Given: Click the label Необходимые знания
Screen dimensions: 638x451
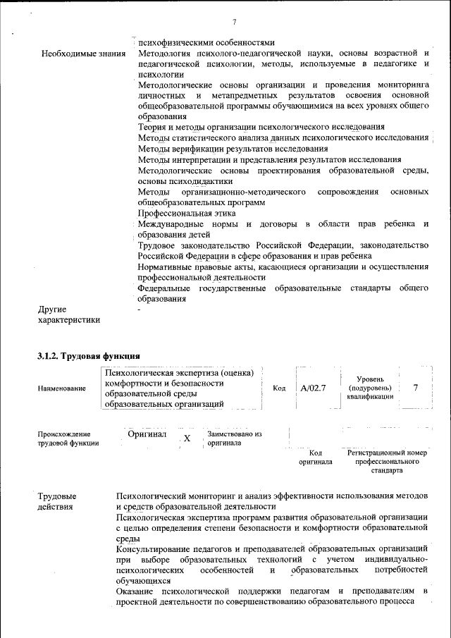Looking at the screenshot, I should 83,53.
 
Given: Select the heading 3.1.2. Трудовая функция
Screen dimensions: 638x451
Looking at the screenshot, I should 89,356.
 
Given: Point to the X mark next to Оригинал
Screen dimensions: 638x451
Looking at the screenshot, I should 187,438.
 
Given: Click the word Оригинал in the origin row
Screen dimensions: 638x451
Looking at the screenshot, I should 147,434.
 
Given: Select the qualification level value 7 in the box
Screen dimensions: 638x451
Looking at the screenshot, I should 416,388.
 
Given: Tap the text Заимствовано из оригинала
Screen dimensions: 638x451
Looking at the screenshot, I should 234,438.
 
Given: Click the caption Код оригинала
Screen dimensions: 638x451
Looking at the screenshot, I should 316,457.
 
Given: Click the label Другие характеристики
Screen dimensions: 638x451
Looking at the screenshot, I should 68,314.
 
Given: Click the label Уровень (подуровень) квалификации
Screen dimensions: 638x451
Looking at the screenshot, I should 370,388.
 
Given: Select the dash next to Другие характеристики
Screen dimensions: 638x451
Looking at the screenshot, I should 139,309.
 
